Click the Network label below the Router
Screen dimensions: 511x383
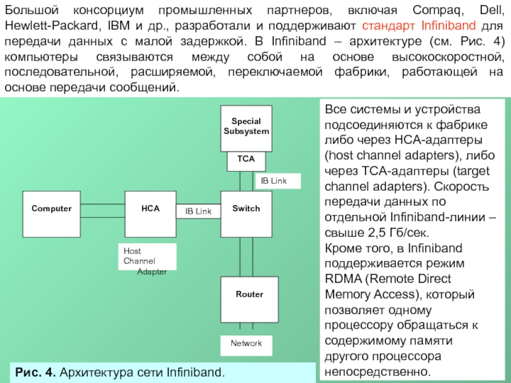tap(247, 344)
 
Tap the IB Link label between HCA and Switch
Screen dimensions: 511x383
tap(198, 211)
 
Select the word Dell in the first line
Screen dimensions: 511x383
tap(489, 11)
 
